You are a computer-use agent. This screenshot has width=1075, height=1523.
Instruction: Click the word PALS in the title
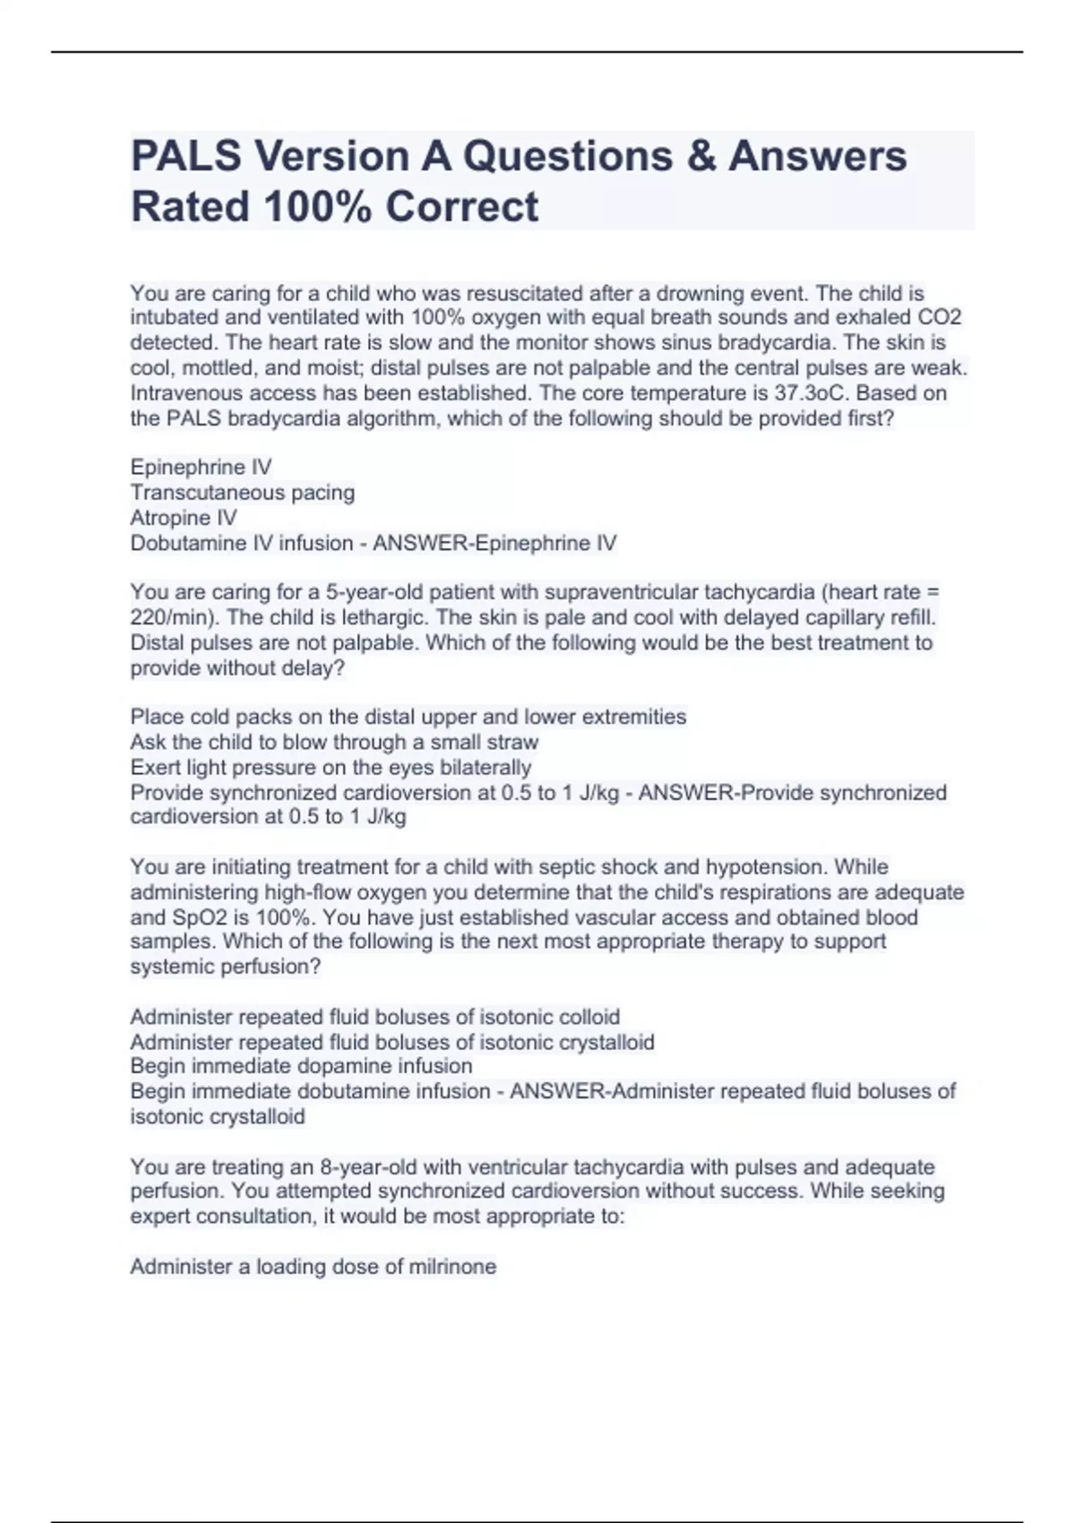point(186,156)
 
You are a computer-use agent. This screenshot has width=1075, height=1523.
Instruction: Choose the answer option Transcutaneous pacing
point(243,493)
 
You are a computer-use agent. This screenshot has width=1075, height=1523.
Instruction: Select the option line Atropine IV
point(184,518)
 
